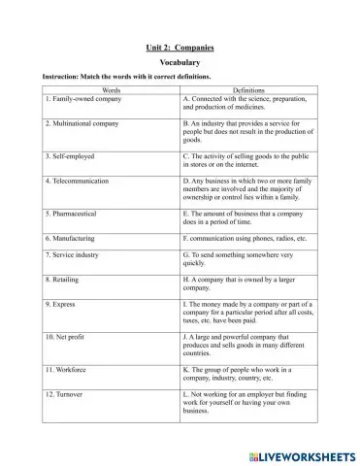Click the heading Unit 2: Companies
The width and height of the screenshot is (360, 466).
[x=180, y=46]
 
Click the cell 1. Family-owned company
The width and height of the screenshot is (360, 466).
[x=81, y=99]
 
